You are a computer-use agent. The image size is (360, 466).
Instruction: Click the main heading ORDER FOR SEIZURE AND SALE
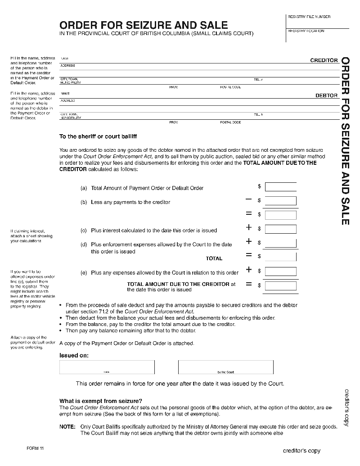[x=144, y=25]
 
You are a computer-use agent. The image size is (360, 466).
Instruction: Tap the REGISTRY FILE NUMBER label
[x=309, y=17]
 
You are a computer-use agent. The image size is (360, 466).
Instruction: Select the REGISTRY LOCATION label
[x=306, y=31]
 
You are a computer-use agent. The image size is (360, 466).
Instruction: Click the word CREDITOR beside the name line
[x=324, y=60]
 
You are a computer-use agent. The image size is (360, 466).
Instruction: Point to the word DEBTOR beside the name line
[x=326, y=96]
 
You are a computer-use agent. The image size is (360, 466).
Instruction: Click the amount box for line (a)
[x=280, y=187]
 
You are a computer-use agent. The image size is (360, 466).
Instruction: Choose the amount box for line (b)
[x=280, y=201]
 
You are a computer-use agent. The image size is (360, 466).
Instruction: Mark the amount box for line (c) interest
[x=280, y=229]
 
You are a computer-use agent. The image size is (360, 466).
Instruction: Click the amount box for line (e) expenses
[x=280, y=271]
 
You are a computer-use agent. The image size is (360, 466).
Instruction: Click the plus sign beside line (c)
[x=248, y=227]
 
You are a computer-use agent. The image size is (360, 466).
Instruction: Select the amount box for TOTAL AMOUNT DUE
[x=280, y=285]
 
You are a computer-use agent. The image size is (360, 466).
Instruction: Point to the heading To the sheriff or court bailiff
[x=98, y=136]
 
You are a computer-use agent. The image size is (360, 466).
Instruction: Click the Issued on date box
[x=106, y=367]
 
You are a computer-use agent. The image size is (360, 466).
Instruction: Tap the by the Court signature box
[x=225, y=367]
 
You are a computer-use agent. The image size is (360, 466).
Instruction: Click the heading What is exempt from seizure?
[x=101, y=401]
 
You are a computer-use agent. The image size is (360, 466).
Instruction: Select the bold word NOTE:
[x=68, y=426]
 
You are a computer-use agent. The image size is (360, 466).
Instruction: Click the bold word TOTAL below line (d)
[x=214, y=258]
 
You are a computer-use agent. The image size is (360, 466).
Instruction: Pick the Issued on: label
[x=74, y=355]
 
